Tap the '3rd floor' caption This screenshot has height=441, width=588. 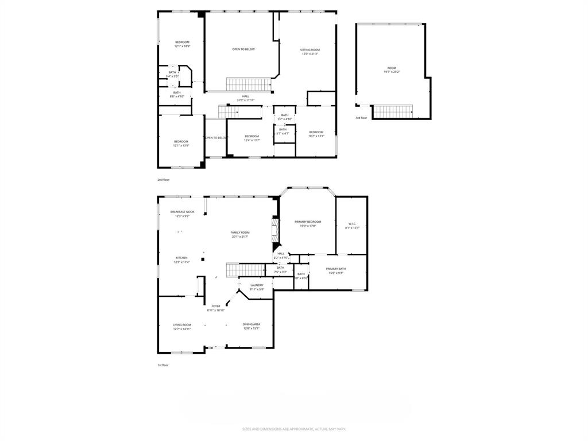(x=361, y=118)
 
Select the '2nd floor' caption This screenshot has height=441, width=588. (x=164, y=180)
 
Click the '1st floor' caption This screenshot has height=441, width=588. (x=164, y=365)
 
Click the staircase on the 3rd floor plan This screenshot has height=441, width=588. (x=393, y=110)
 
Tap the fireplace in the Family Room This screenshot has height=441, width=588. (x=275, y=231)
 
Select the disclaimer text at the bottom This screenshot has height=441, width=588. (x=294, y=429)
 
